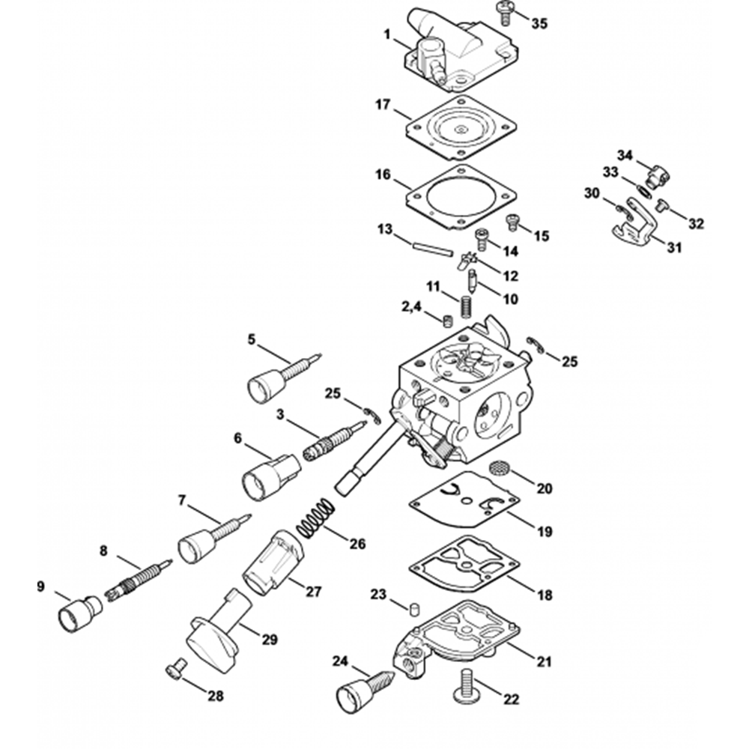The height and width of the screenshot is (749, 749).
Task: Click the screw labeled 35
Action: coord(504,13)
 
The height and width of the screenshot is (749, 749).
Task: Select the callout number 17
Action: coord(383,104)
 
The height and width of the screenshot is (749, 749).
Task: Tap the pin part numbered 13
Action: coord(431,249)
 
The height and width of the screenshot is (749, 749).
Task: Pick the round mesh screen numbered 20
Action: coord(500,467)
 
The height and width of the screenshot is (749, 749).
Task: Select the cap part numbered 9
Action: coord(80,613)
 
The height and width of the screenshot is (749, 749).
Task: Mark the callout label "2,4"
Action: coord(410,306)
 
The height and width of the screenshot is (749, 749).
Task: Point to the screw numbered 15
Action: coord(512,222)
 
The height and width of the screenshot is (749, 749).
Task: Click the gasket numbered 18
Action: coord(464,564)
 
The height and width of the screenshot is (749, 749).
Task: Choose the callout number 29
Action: coord(270,639)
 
